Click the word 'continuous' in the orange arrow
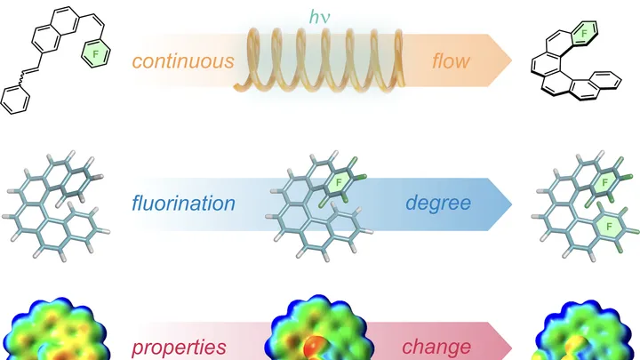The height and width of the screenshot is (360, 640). (x=183, y=61)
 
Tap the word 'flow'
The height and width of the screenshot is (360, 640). (x=451, y=60)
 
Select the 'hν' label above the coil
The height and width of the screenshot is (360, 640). (x=320, y=17)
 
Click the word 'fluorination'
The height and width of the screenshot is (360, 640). (x=183, y=203)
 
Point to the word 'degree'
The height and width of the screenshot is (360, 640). (x=438, y=203)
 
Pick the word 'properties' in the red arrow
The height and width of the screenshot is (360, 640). (x=179, y=348)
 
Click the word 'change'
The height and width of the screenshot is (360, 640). (x=436, y=347)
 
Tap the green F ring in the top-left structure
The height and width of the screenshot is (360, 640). (x=96, y=53)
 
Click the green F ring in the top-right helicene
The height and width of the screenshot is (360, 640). (x=584, y=33)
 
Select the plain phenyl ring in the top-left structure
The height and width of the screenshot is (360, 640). (x=15, y=100)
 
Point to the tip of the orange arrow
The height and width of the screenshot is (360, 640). (x=512, y=60)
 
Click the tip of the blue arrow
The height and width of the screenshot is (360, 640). (x=512, y=204)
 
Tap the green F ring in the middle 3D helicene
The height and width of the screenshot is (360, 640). (x=339, y=183)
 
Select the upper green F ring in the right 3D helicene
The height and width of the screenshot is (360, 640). (x=604, y=182)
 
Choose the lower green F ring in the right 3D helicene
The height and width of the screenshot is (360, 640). (x=609, y=226)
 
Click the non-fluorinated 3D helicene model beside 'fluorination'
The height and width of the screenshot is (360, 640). (x=56, y=206)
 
